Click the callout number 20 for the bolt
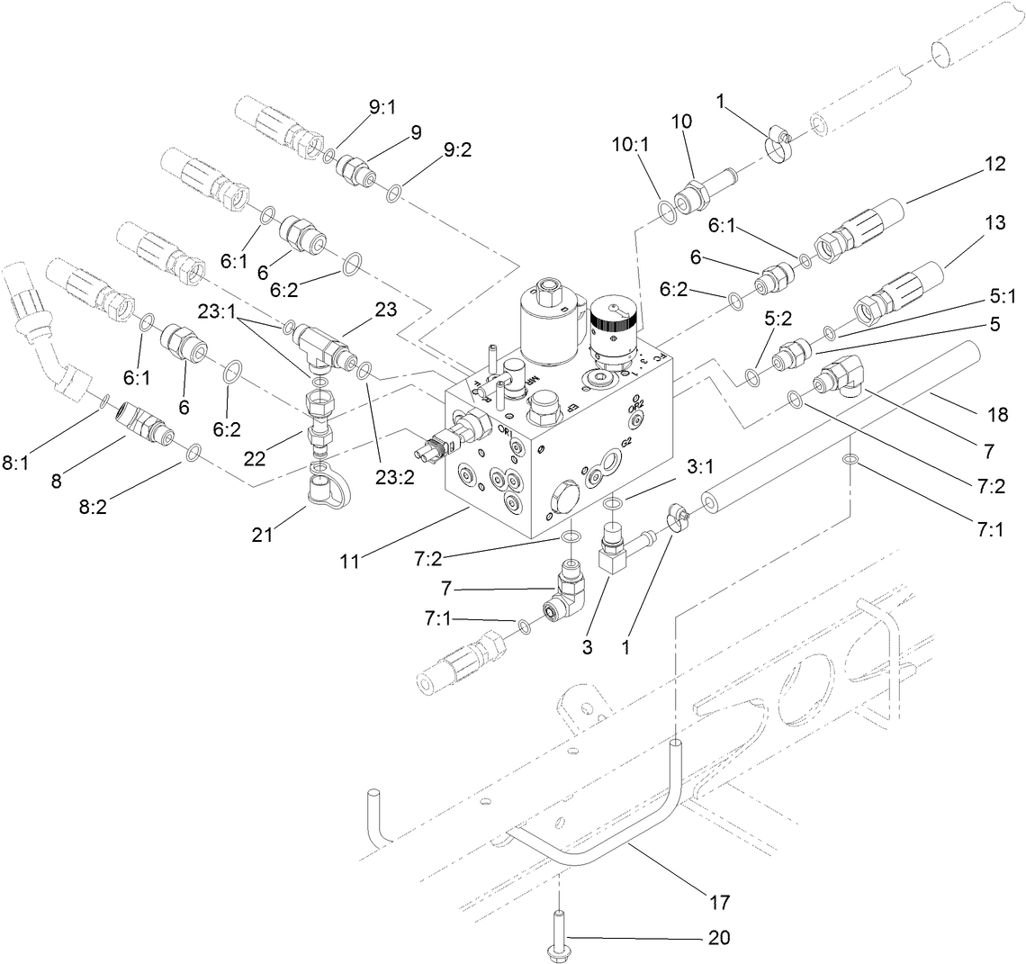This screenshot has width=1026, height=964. tap(719, 938)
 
